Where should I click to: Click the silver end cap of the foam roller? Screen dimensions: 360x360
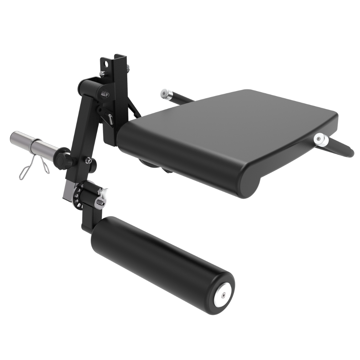(x=224, y=295)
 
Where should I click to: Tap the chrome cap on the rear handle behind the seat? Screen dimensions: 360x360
(x=165, y=93)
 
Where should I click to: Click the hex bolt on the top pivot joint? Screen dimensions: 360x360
(x=105, y=95)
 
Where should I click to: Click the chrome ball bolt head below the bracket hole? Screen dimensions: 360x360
(x=102, y=73)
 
